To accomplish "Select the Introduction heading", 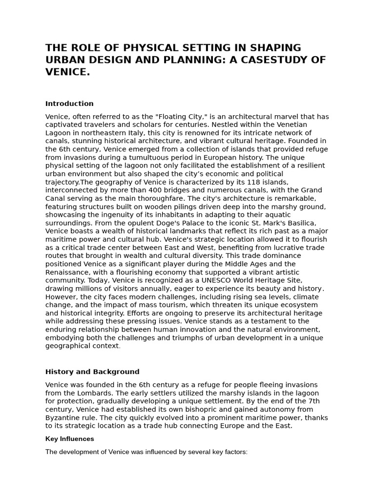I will pyautogui.click(x=69, y=104).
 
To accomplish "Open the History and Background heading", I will pyautogui.click(x=92, y=372).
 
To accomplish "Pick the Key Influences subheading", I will pyautogui.click(x=69, y=439).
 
